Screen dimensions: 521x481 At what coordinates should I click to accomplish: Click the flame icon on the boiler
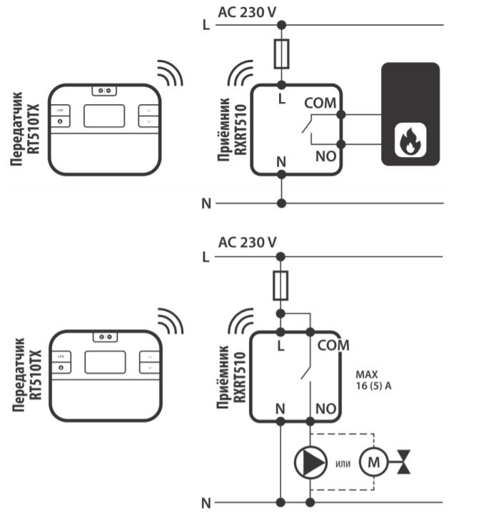coord(410,141)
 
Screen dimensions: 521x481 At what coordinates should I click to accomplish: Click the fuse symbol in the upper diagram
coord(282,53)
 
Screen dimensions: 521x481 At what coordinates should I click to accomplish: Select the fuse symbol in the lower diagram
coord(282,284)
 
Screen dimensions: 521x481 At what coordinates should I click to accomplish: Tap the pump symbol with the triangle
coord(310,462)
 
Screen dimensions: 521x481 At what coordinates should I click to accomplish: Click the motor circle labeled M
coord(373,462)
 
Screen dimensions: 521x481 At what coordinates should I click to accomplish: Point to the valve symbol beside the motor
coord(405,462)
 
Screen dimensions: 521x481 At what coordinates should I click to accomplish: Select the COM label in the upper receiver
coord(319,103)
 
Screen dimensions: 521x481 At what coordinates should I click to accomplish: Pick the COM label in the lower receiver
coord(333,345)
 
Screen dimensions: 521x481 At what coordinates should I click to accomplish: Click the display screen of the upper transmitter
coord(104,116)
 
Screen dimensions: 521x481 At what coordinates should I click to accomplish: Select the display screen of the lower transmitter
coord(105,362)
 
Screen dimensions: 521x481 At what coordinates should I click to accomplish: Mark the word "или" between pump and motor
coord(342,464)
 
